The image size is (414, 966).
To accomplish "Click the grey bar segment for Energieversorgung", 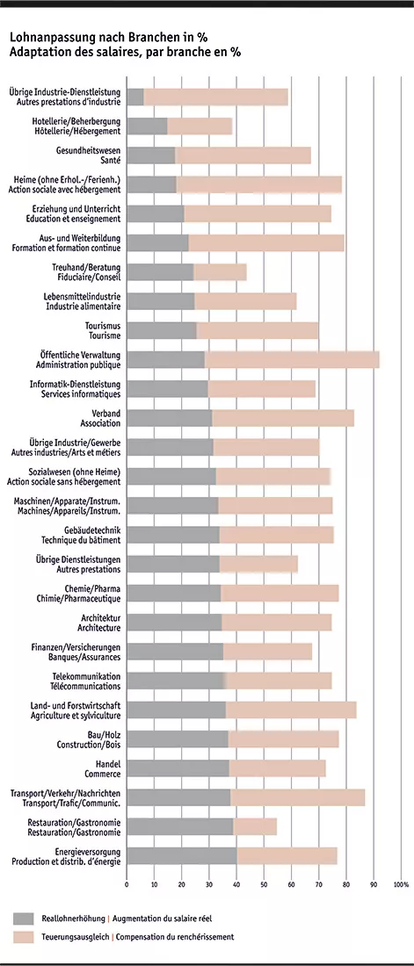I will [x=181, y=856].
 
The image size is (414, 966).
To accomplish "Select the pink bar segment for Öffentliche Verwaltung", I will [x=292, y=359].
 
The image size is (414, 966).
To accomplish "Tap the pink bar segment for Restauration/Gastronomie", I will [x=255, y=826].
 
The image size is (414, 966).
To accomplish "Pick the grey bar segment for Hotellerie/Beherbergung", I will [x=147, y=126].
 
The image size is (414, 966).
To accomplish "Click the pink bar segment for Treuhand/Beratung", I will [x=220, y=272].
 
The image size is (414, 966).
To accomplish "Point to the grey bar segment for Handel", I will [x=178, y=768].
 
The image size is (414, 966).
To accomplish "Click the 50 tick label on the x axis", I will [x=264, y=884].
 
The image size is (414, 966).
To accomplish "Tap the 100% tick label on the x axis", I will [x=401, y=884].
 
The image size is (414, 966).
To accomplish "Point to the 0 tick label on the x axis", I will [x=127, y=884].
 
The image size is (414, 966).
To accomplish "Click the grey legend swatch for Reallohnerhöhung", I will [x=23, y=918].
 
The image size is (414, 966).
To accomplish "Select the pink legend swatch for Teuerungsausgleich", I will [x=23, y=937].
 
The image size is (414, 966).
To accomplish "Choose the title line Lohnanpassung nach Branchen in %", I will [x=108, y=39].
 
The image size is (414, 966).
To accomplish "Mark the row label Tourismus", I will [x=105, y=325].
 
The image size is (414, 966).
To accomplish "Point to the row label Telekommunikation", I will [x=86, y=676].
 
